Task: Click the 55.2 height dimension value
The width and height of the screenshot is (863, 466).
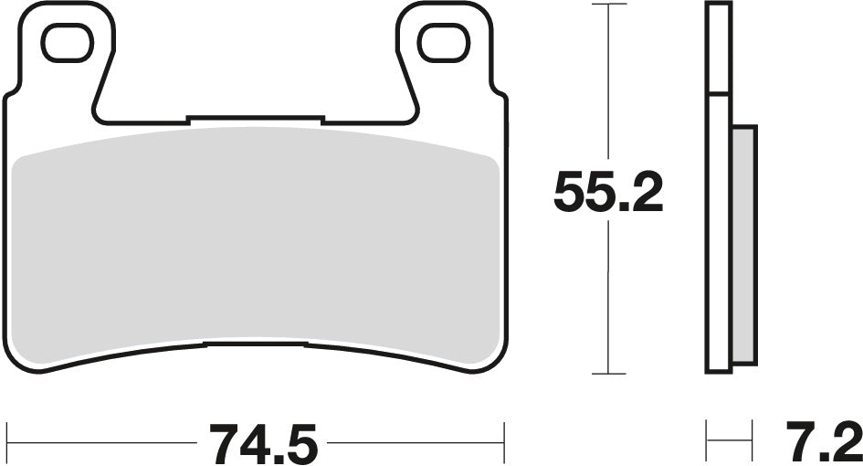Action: (608, 192)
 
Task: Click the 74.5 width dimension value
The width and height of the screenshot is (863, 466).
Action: (264, 443)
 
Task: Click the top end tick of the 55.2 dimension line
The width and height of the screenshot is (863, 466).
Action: (609, 5)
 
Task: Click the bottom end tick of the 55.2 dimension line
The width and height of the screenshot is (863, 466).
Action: (609, 374)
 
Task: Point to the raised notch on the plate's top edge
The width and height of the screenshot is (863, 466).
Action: (256, 118)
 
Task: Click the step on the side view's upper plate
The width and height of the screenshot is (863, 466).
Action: (719, 94)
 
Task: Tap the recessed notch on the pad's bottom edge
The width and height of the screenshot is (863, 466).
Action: (256, 344)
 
